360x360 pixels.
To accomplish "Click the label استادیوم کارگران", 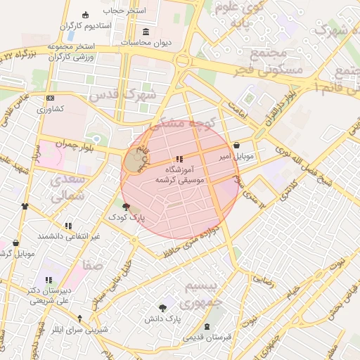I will [67, 25].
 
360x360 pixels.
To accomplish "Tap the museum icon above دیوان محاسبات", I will [146, 32].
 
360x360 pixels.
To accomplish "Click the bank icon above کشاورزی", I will [50, 98].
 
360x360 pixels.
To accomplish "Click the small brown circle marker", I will [133, 161].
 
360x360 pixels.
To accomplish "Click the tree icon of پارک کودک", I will [126, 207].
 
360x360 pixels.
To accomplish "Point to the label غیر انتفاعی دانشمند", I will [69, 236].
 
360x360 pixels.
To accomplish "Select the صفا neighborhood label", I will [92, 266].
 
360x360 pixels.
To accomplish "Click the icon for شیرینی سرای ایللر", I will [79, 319].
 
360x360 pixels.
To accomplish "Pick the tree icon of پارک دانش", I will [163, 307].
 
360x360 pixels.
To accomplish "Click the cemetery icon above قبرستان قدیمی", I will [207, 326].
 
